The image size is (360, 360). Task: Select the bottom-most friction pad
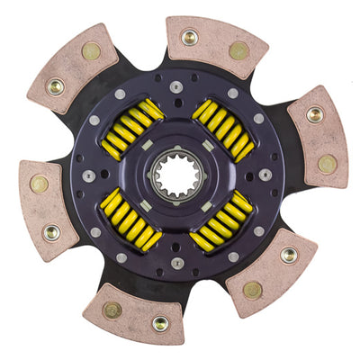coord(135,312)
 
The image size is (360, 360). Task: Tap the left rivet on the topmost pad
coord(190,37)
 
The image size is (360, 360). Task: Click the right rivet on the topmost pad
coord(239,50)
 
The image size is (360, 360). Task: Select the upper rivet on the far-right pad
coord(315,115)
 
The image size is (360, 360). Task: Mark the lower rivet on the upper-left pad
coord(57,87)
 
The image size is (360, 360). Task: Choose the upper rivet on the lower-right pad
coord(290,255)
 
